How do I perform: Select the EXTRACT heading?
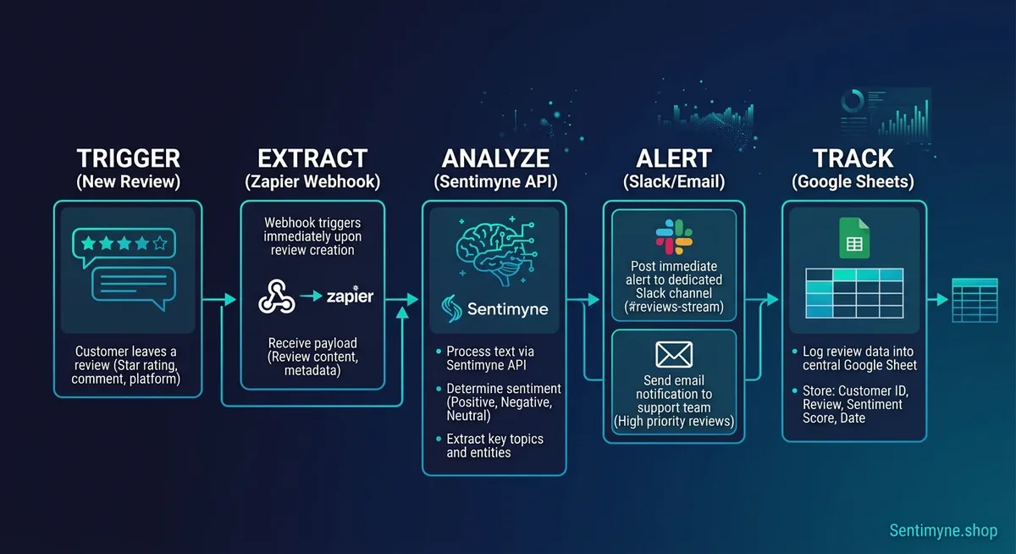click(313, 158)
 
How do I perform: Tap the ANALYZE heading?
click(495, 158)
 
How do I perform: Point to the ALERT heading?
click(674, 158)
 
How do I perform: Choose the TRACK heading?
click(853, 158)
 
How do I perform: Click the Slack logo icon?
click(673, 236)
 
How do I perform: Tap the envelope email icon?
click(674, 354)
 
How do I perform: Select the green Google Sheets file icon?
click(854, 238)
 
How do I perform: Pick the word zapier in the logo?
click(350, 297)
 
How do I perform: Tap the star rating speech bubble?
click(124, 246)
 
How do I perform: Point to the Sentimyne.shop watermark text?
click(943, 530)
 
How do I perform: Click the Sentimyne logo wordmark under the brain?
click(507, 309)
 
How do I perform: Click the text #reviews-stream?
click(674, 307)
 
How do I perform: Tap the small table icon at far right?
click(974, 300)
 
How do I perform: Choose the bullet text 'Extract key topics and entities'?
click(495, 446)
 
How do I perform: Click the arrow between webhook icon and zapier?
click(311, 297)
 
